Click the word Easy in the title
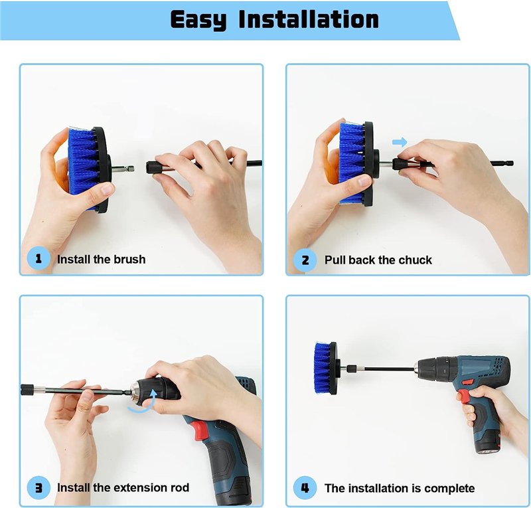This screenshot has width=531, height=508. (x=198, y=20)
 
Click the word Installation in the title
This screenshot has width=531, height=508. (x=309, y=19)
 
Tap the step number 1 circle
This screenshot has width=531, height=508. (x=38, y=259)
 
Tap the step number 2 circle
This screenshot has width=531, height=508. (x=305, y=260)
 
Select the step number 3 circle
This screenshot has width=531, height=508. (x=38, y=487)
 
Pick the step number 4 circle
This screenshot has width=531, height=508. (x=305, y=488)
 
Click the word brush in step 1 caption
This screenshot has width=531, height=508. (x=129, y=259)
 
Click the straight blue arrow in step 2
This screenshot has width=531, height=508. (x=400, y=142)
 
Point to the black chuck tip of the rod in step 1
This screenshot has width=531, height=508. (x=153, y=167)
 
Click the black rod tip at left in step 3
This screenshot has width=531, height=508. (x=27, y=389)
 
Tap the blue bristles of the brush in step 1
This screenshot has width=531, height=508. (x=83, y=168)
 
